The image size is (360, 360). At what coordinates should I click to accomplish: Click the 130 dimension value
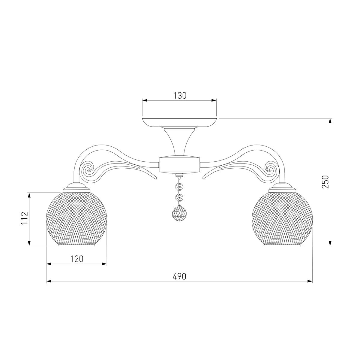(180, 96)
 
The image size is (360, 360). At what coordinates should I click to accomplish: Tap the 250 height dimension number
(325, 182)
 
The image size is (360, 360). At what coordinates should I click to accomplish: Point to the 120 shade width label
(77, 259)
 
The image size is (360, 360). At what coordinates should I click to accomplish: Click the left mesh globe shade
(76, 218)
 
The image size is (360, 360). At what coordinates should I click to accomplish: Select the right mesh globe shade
(282, 218)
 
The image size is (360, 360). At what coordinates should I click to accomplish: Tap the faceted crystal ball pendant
(179, 213)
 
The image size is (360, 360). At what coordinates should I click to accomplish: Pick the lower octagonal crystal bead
(179, 197)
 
